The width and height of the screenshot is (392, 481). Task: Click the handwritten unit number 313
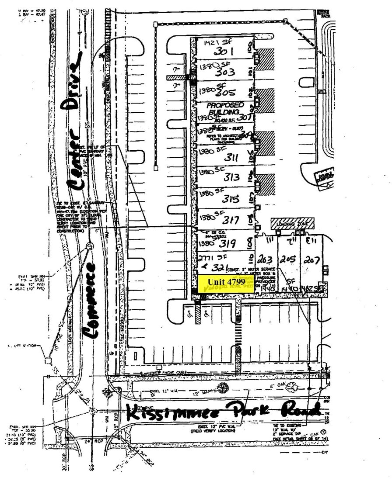click(x=232, y=177)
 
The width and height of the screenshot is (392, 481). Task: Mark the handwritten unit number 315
click(x=231, y=199)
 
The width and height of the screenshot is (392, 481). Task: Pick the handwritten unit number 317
click(x=230, y=219)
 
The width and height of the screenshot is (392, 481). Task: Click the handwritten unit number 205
click(x=289, y=258)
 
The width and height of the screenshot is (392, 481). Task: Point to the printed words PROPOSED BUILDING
click(x=225, y=109)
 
